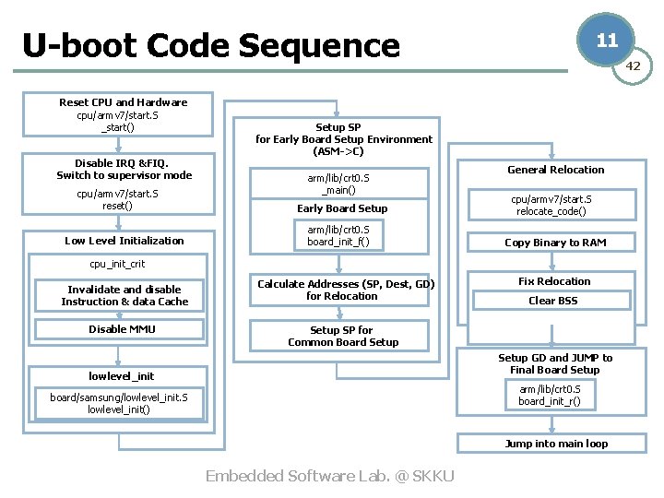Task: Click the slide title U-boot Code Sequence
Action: click(211, 45)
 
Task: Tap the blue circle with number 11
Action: click(606, 41)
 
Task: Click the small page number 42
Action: click(633, 65)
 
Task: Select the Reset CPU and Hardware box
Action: click(123, 114)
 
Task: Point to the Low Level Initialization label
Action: click(124, 241)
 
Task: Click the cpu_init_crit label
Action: click(117, 264)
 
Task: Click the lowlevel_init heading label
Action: click(121, 376)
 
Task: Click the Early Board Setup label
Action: click(342, 208)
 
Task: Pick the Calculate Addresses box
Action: click(345, 290)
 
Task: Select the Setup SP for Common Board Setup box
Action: click(343, 336)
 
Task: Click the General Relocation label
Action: click(555, 170)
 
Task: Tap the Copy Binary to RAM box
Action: click(555, 243)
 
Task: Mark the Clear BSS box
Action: click(553, 301)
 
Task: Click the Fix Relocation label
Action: click(554, 281)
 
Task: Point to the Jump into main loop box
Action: click(555, 444)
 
